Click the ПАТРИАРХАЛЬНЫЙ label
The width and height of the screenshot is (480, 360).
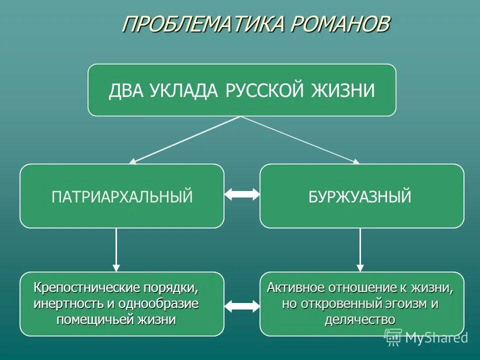(122, 196)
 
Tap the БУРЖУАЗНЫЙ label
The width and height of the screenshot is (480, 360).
(360, 196)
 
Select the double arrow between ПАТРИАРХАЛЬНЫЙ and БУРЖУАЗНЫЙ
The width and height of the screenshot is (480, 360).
(242, 194)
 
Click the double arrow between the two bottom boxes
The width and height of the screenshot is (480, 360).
(242, 305)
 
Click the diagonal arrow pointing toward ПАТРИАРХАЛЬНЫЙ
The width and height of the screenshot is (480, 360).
(185, 139)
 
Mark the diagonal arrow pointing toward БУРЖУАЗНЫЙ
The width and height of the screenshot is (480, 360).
(300, 139)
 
